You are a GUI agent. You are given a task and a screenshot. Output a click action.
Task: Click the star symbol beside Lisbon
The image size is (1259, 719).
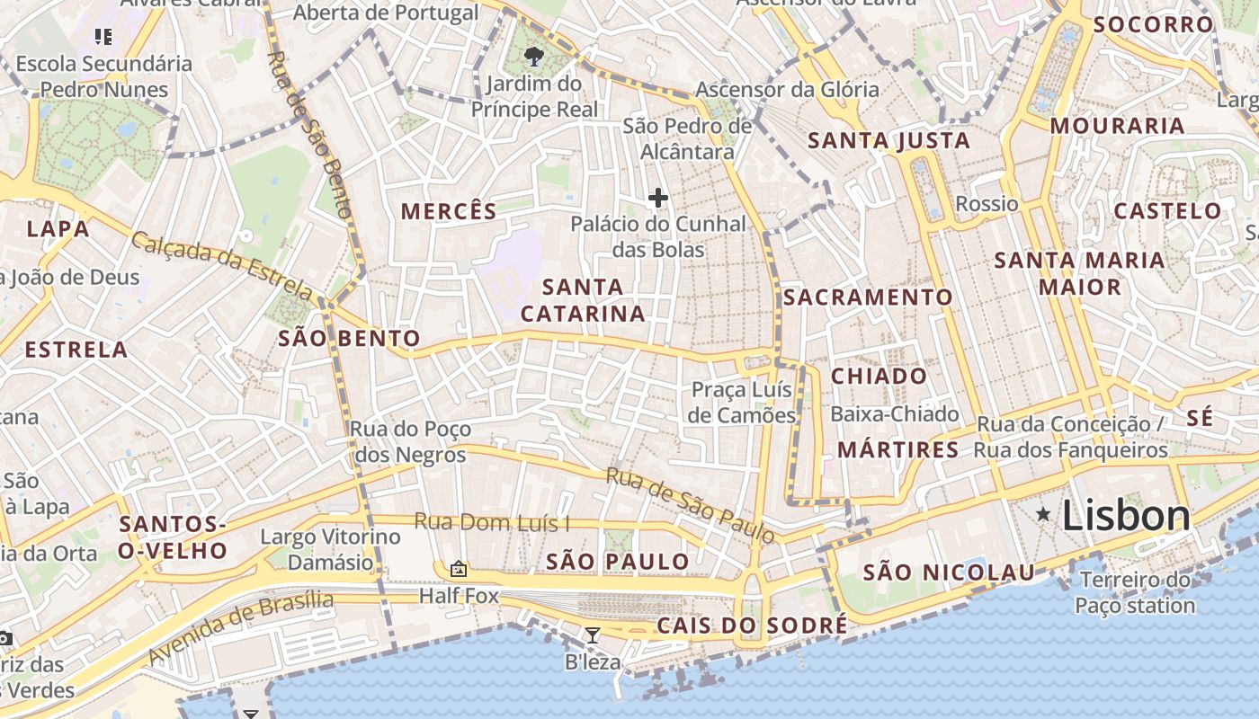[1043, 514]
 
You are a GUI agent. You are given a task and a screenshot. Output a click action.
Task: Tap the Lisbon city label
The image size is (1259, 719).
[1126, 516]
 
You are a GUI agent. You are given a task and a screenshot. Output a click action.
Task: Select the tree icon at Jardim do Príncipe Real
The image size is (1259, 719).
[534, 58]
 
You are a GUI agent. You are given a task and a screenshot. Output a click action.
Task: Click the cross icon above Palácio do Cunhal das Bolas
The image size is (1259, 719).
[658, 198]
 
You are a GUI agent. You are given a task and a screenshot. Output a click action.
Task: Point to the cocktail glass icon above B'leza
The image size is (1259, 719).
[592, 635]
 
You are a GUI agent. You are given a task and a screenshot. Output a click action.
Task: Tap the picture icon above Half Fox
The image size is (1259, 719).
[458, 568]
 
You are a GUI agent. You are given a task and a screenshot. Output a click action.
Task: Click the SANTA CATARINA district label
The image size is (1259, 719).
[583, 300]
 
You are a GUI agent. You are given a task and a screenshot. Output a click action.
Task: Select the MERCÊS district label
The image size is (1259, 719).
[449, 211]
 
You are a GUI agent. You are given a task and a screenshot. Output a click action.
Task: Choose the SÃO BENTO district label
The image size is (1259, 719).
[349, 338]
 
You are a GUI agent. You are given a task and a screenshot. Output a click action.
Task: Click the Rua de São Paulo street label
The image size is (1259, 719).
[690, 505]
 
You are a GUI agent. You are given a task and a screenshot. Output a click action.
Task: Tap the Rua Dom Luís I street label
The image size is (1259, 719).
[492, 521]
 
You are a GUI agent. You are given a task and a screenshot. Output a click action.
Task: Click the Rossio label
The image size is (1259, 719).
[987, 203]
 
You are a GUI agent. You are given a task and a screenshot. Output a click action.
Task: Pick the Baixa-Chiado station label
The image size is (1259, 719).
[895, 414]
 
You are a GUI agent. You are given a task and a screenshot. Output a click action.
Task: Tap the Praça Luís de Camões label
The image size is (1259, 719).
[743, 402]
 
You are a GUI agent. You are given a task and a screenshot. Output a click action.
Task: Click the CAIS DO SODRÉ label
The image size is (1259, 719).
[752, 626]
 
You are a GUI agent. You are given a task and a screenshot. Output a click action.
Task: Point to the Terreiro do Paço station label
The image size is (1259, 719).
[1135, 592]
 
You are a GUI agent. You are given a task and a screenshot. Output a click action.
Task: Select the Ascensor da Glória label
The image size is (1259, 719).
[787, 89]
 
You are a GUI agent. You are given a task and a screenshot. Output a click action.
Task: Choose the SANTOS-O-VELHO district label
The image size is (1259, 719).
[172, 537]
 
